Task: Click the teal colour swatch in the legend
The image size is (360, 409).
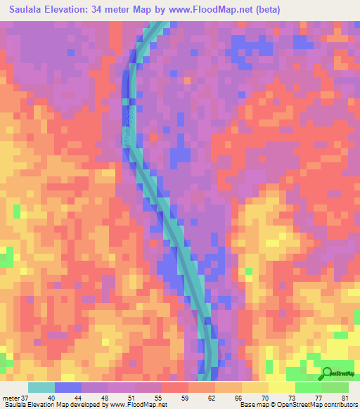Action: coord(41,388)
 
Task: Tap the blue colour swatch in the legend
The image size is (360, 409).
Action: coord(68,388)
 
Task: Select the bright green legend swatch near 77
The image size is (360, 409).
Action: coord(309,388)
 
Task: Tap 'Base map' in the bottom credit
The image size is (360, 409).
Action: coord(254,405)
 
